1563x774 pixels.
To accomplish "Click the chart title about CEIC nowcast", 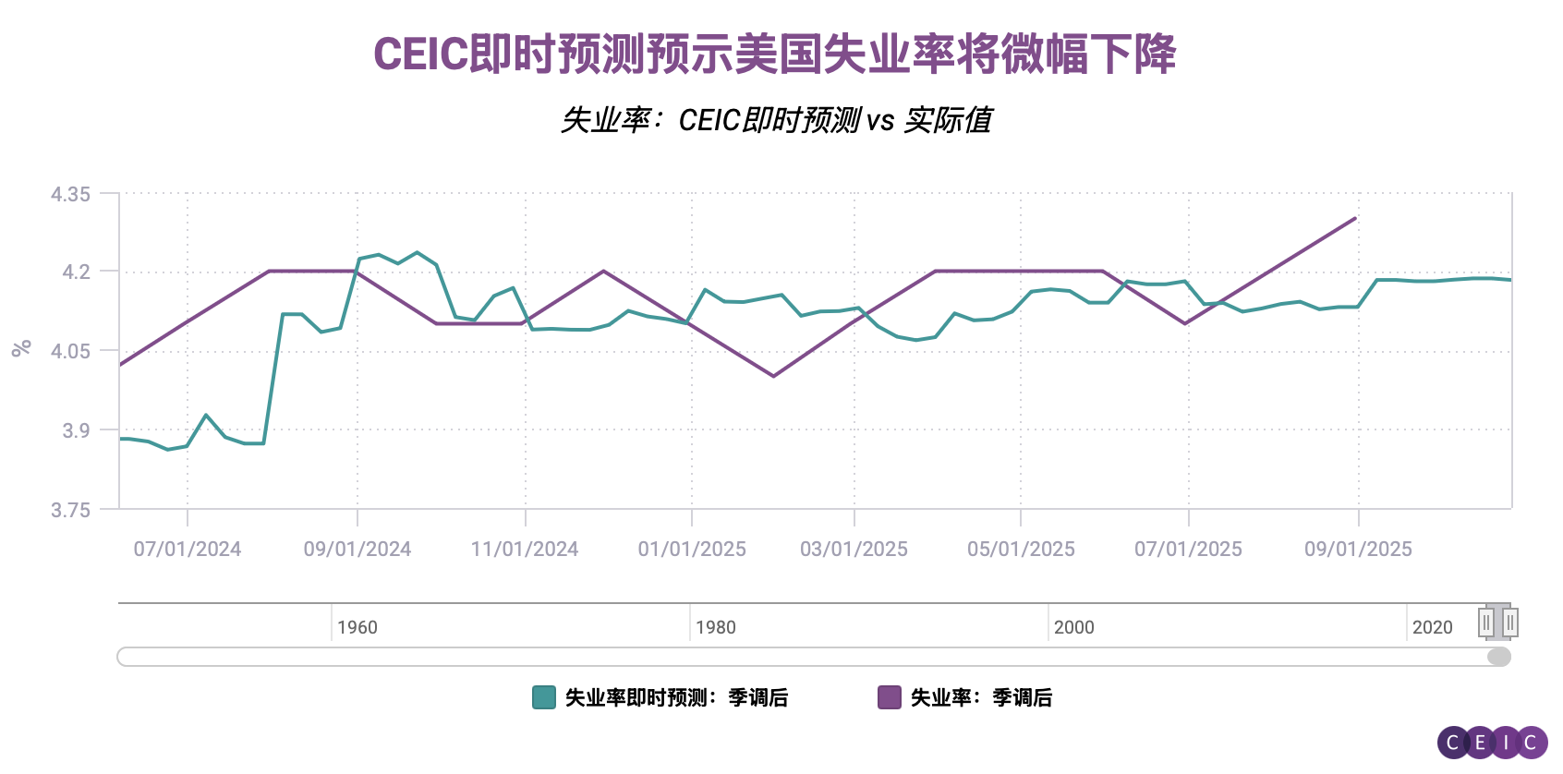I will point(774,54).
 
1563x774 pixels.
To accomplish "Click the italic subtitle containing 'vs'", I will point(776,120).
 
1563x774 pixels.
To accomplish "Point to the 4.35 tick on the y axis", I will point(70,194).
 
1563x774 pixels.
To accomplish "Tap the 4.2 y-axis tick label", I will point(76,272).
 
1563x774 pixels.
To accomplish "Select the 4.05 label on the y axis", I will point(70,351).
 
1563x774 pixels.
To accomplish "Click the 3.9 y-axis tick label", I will point(76,430).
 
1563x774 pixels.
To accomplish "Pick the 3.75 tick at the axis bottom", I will point(70,510).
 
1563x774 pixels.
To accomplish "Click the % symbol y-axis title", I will point(21,348).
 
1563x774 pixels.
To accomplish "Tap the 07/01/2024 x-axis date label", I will point(188,550).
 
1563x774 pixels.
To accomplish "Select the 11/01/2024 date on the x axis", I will point(525,550).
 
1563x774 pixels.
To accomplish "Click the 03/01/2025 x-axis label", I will point(854,550).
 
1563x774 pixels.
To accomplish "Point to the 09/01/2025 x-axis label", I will point(1358,550).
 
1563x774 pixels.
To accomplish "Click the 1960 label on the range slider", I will point(357,628).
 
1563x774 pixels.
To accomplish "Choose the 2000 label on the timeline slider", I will point(1074,628).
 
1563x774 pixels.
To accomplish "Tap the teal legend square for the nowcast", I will point(544,697).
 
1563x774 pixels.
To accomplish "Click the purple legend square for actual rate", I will point(889,697).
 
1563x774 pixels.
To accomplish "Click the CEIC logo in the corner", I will point(1492,743).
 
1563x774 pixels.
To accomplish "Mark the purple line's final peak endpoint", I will point(1355,218).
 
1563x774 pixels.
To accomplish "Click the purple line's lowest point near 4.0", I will point(773,376).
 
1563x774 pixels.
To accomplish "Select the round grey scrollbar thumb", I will point(1499,657).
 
